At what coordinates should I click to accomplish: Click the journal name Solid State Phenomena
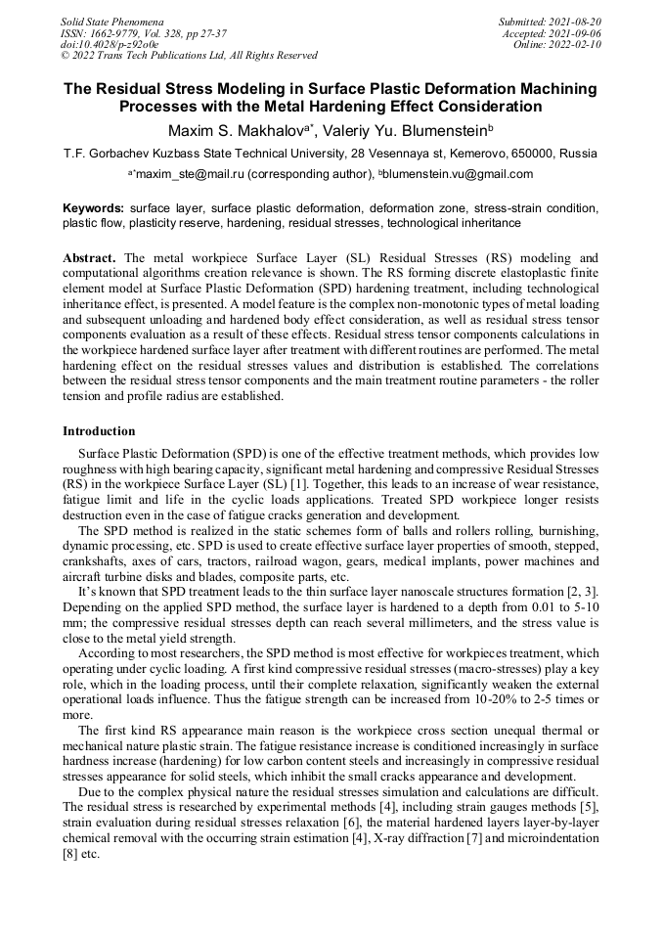point(111,21)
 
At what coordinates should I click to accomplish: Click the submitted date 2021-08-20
point(577,21)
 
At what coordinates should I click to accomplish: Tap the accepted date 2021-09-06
point(577,32)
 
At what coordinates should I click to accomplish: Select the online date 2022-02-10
point(577,44)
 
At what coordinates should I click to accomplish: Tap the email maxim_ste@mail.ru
point(174,174)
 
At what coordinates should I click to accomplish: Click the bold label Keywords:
point(94,208)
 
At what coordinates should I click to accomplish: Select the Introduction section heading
point(99,431)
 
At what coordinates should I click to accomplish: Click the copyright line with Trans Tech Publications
point(189,56)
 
